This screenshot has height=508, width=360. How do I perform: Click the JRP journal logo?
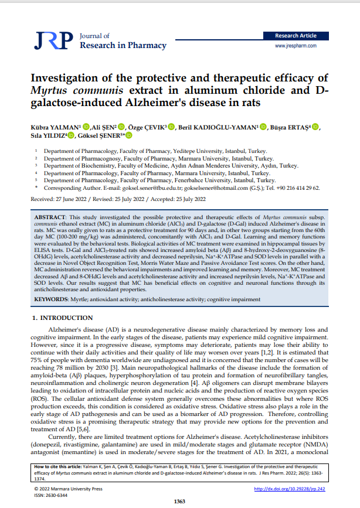point(53,41)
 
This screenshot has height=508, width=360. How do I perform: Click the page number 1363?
point(180,501)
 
